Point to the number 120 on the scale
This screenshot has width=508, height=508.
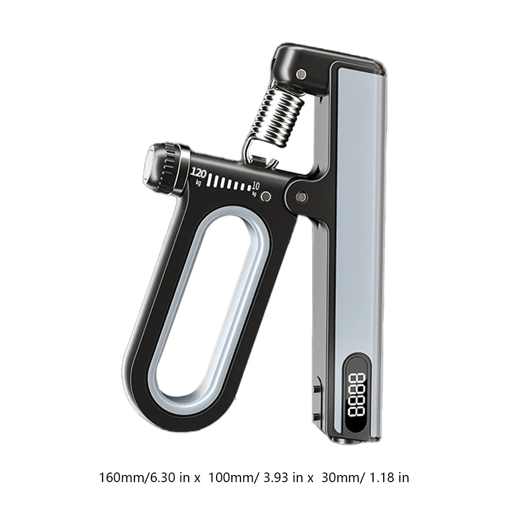pyautogui.click(x=198, y=174)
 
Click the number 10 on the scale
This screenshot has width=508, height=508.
pyautogui.click(x=256, y=186)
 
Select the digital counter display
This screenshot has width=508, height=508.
pyautogui.click(x=356, y=395)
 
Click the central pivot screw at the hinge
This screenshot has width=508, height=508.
pyautogui.click(x=302, y=196)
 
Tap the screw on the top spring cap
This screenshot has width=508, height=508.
pyautogui.click(x=301, y=74)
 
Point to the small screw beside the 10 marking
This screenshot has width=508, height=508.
pyautogui.click(x=266, y=196)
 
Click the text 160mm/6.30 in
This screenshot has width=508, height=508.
pyautogui.click(x=146, y=478)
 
